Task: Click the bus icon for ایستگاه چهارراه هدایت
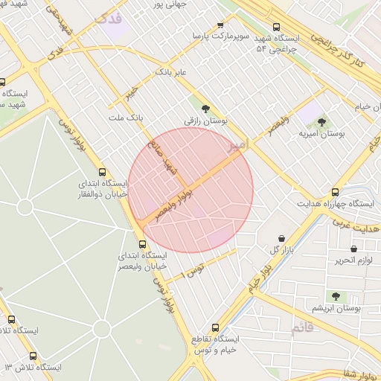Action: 335,191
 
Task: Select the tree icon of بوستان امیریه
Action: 321,122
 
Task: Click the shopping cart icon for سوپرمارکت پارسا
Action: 220,25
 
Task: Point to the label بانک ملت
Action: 124,118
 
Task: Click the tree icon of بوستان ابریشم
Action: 337,295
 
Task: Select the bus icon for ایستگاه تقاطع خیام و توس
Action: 216,327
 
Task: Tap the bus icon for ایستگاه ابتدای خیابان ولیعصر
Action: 142,243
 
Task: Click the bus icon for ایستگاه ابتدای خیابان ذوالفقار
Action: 102,170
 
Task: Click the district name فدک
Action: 109,20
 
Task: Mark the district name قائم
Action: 303,328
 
